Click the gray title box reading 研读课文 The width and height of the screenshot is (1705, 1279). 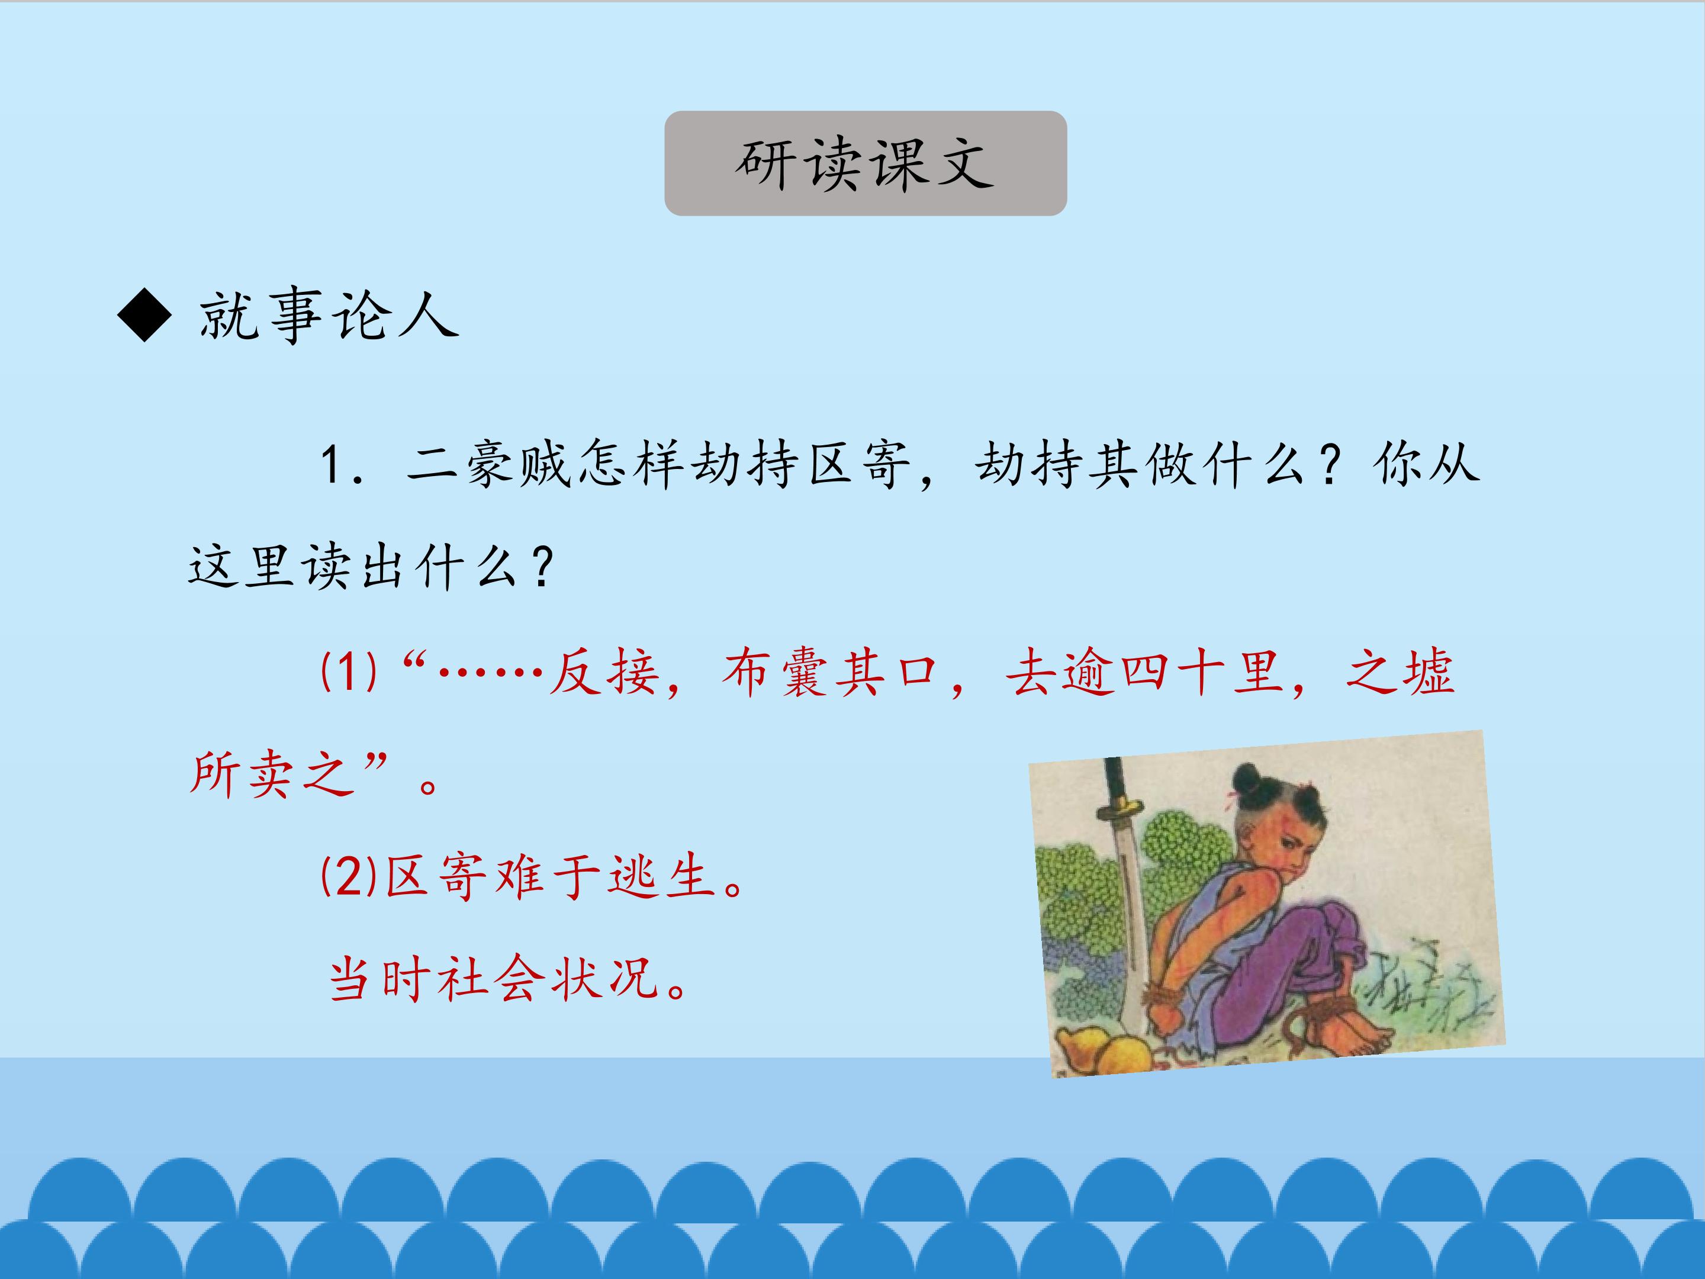coord(865,163)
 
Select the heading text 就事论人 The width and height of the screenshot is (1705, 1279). coord(329,316)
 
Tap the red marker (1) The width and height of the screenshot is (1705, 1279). coord(348,671)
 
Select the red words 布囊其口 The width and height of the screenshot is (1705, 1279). coord(829,673)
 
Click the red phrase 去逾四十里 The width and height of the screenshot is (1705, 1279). coord(1144,673)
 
